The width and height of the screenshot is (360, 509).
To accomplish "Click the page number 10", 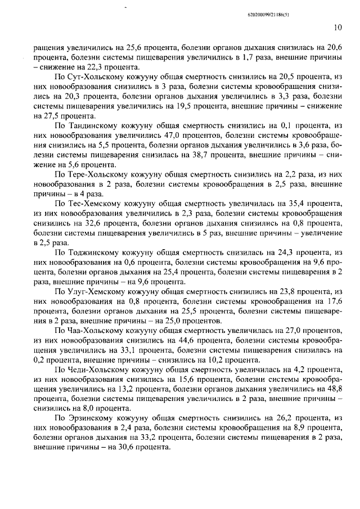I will point(337,26).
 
